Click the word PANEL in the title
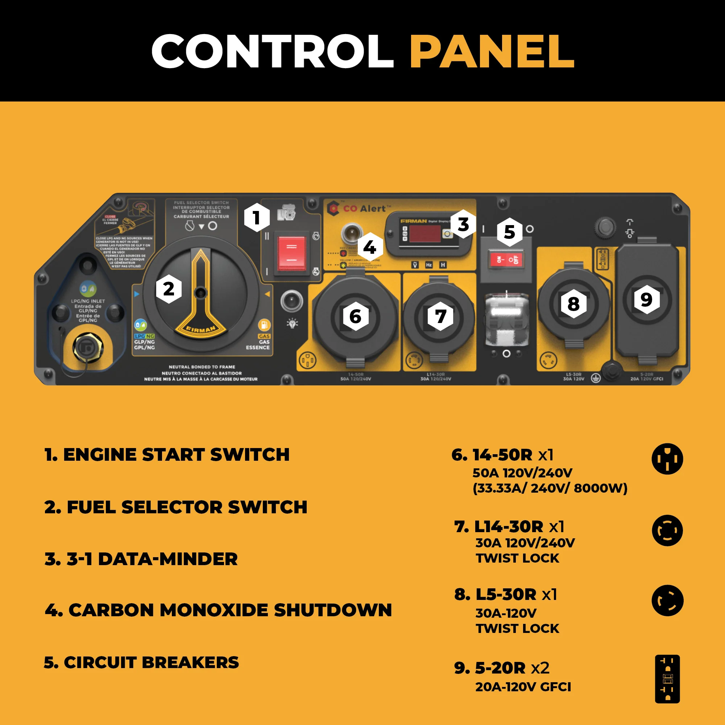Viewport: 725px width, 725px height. coord(492,51)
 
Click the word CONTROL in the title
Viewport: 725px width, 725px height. coord(272,51)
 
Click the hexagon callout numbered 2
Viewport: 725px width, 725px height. coord(169,289)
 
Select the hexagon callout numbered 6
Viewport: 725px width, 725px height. coord(355,316)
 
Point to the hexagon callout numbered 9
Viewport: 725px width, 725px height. coord(646,299)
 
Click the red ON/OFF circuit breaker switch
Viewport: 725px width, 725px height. coord(506,259)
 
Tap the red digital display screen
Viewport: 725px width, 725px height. coord(425,234)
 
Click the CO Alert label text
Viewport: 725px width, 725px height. coord(364,209)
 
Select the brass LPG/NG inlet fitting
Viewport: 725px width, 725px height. coord(87,348)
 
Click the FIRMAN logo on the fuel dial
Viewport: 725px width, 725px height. coord(201,329)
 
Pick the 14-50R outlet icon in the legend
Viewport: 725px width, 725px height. coord(667,459)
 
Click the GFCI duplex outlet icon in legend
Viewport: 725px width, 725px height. coord(667,679)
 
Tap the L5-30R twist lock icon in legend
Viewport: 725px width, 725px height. coord(667,600)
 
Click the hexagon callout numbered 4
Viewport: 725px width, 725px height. coord(370,247)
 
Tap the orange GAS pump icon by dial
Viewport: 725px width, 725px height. coord(264,324)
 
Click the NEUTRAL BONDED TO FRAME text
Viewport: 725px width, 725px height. coord(202,367)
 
